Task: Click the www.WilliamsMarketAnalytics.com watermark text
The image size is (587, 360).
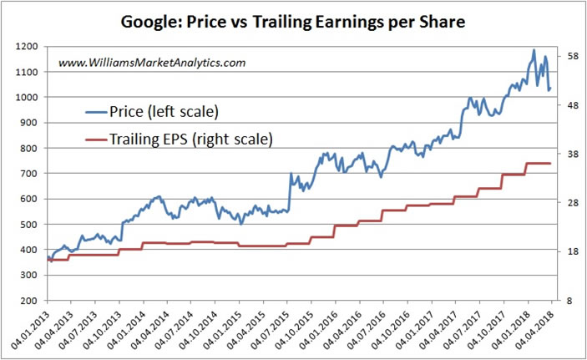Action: [151, 63]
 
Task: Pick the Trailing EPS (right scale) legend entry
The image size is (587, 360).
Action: [180, 139]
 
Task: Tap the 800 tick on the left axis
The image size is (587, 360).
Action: [28, 149]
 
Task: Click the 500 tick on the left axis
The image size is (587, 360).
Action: [28, 225]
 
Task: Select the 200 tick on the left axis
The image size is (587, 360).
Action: [28, 301]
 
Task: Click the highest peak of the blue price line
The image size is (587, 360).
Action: [534, 50]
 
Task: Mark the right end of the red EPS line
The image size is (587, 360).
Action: [550, 163]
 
